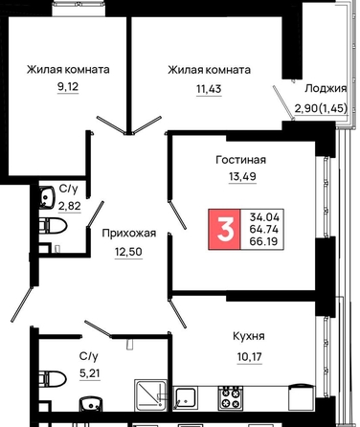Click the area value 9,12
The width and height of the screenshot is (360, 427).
click(x=68, y=86)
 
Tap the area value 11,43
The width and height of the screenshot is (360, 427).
click(x=209, y=89)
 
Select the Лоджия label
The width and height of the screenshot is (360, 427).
click(x=326, y=88)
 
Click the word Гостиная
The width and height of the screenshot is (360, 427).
click(x=241, y=159)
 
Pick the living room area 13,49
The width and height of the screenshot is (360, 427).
click(x=242, y=176)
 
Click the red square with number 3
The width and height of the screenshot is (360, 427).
click(x=224, y=229)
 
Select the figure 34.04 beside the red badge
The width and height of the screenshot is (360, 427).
click(x=264, y=217)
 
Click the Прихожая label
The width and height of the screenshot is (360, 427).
click(x=129, y=234)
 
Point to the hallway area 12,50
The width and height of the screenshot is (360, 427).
click(x=128, y=252)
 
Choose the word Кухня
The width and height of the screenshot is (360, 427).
click(x=249, y=336)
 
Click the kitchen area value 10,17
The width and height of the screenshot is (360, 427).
click(x=250, y=356)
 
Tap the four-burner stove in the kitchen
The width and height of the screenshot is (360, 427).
click(x=230, y=397)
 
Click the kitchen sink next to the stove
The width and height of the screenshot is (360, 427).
click(x=185, y=398)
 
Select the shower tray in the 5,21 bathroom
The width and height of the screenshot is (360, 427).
click(x=150, y=395)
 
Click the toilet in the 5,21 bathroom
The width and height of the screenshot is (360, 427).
click(x=53, y=379)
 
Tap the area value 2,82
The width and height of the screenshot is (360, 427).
click(x=69, y=206)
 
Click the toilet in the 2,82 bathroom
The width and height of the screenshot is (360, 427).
click(x=53, y=226)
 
